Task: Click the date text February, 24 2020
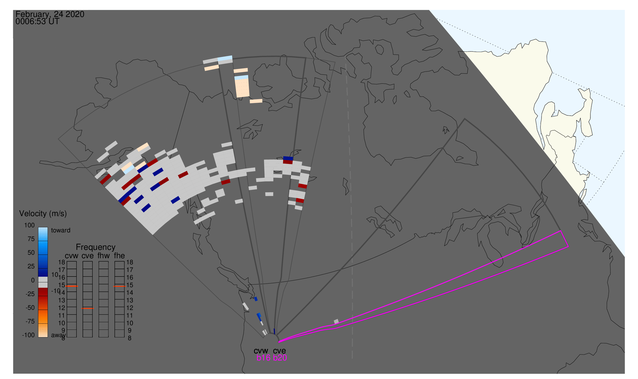click(50, 14)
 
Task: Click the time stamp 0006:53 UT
click(37, 22)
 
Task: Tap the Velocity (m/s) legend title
click(43, 214)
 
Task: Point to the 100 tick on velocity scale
click(29, 225)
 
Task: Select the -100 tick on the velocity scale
click(28, 335)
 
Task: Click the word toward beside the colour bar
click(61, 230)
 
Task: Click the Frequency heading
click(96, 247)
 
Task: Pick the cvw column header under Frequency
click(71, 256)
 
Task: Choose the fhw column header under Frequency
click(104, 256)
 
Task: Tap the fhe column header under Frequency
click(119, 256)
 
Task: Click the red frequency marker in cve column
click(88, 308)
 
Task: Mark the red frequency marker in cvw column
click(72, 286)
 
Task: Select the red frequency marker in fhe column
click(120, 287)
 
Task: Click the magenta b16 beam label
click(263, 358)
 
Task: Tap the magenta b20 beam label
click(280, 358)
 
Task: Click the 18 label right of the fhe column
click(130, 262)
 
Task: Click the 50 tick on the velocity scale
click(31, 253)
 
